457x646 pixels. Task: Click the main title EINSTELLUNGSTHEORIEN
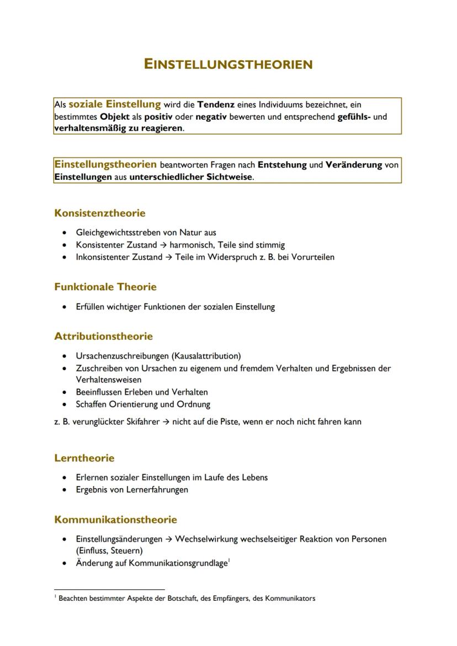tap(228, 65)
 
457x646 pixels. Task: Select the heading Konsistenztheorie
tap(100, 213)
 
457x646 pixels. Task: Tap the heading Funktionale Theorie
tap(105, 287)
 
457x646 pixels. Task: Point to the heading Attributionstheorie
tap(103, 336)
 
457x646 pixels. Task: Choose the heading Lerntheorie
tap(84, 458)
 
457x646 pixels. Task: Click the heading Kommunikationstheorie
tap(115, 519)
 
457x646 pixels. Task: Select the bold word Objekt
tap(115, 116)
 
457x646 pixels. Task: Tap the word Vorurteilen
tap(311, 257)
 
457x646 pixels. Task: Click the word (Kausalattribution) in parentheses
tap(206, 356)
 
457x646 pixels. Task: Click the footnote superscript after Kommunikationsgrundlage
tap(228, 560)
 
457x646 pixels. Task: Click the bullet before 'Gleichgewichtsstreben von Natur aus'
tap(66, 233)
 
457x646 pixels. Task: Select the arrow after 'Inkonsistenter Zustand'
tap(168, 257)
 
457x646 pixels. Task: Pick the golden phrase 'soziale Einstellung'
tap(114, 104)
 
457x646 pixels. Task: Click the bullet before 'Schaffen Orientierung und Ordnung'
tap(66, 404)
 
